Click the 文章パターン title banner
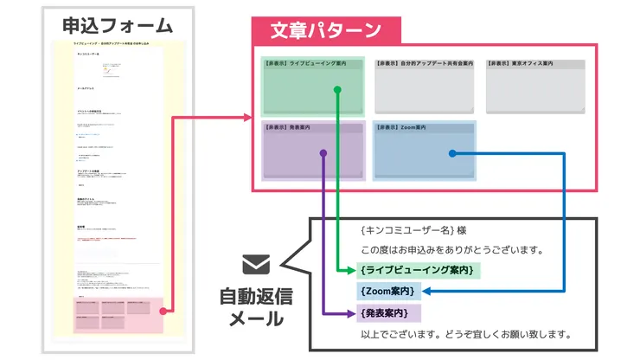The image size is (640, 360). point(325,30)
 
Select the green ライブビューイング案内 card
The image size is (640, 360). point(312,85)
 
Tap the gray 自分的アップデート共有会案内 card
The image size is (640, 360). point(424,85)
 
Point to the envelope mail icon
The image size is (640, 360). point(256,264)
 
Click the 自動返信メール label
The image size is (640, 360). point(256,307)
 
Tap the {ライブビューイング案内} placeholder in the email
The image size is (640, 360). point(417,271)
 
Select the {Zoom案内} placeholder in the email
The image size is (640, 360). point(387,292)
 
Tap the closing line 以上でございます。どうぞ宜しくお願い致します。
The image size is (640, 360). point(467,334)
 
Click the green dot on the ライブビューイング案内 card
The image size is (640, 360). point(336,90)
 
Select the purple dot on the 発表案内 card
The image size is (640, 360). point(323,153)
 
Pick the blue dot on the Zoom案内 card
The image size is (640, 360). point(451,154)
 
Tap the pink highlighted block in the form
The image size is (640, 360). point(117,314)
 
